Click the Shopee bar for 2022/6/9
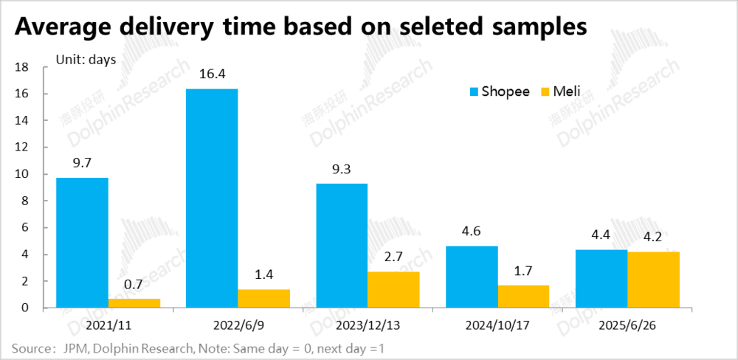[x=212, y=198]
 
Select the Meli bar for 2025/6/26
[x=653, y=280]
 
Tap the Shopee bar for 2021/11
[x=83, y=243]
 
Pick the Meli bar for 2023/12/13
[x=393, y=289]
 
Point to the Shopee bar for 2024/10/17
[x=472, y=277]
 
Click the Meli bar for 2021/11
[x=134, y=302]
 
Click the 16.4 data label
[x=212, y=75]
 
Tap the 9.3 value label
[x=342, y=169]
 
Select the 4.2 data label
[x=653, y=238]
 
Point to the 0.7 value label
[x=134, y=284]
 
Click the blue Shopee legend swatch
[x=475, y=92]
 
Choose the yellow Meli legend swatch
[x=547, y=92]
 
